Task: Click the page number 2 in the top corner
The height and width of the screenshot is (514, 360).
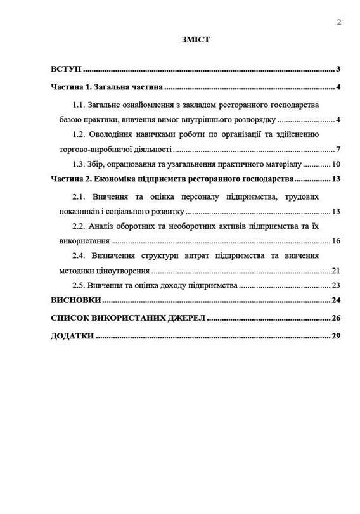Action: [339, 21]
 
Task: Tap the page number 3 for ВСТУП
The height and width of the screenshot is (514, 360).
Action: [339, 69]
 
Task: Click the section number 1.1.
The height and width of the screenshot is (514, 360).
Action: [79, 104]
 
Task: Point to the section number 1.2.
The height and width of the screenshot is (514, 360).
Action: [79, 134]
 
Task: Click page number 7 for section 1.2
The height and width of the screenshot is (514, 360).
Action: [339, 150]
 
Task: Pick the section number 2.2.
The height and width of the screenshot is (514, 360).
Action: [79, 226]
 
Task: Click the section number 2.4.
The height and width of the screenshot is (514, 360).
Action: [79, 255]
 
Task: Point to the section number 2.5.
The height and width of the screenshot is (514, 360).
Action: [79, 285]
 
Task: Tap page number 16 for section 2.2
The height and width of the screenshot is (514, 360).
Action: [337, 241]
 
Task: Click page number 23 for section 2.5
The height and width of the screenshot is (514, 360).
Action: [337, 285]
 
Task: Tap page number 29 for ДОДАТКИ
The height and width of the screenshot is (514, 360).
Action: [337, 335]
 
